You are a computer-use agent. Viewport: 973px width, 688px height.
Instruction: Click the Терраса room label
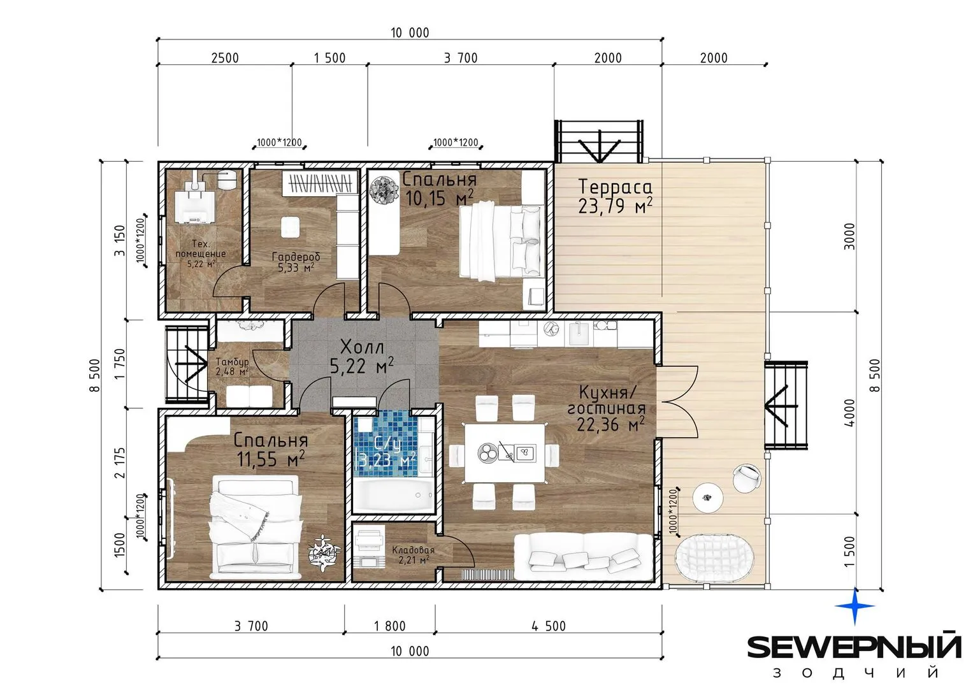tap(616, 187)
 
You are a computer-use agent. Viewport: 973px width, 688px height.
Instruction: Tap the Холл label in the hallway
tap(362, 347)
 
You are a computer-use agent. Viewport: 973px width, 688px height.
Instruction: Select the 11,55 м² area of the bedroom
tap(271, 459)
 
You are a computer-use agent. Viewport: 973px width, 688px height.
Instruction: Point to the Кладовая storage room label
tap(413, 550)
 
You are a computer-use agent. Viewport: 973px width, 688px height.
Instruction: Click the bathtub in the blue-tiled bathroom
tap(394, 495)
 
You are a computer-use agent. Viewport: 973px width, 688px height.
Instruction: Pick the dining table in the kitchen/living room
tap(505, 452)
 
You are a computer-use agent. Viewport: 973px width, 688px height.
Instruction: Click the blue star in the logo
tap(854, 606)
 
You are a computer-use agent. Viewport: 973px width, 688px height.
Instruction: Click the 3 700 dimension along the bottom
tap(251, 626)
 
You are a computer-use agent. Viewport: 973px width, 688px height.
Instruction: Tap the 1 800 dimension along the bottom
tap(389, 626)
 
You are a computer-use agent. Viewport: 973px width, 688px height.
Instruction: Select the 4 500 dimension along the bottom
tap(549, 626)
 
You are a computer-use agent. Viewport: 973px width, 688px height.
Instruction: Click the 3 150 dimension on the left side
tap(119, 240)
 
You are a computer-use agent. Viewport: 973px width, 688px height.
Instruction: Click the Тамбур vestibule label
tap(233, 361)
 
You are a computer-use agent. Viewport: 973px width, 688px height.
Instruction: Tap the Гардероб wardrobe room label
tap(296, 256)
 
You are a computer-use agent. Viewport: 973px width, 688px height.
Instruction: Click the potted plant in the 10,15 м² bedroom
tap(384, 189)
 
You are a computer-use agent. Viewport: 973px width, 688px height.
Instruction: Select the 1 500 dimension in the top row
tap(329, 58)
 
